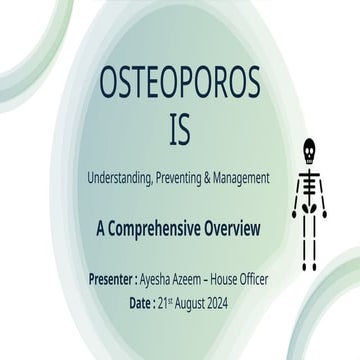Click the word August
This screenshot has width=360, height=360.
pos(205,299)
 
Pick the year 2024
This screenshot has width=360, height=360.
pos(245,299)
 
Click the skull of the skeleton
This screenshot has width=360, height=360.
pos(309,148)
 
